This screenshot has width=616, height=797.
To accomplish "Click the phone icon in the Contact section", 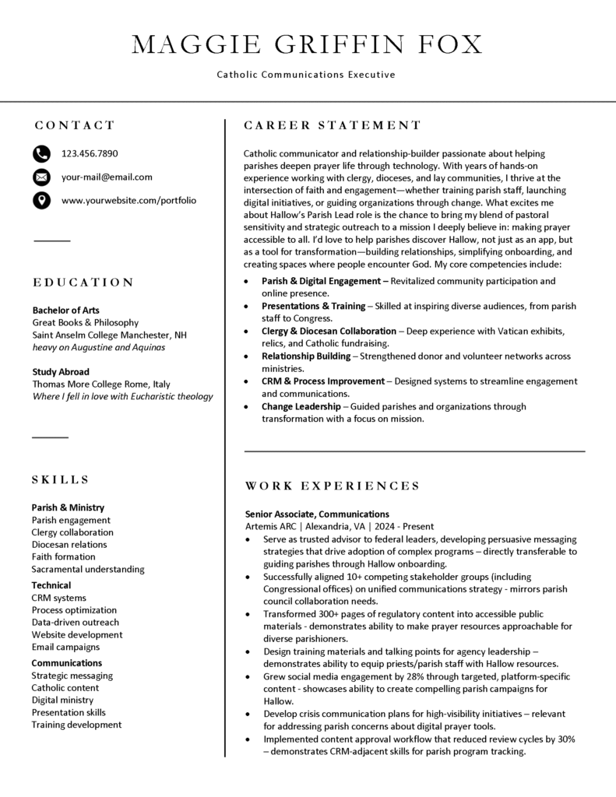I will [41, 153].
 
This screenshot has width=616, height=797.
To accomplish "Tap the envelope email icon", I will [41, 177].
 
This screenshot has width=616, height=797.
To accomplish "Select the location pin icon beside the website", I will [41, 201].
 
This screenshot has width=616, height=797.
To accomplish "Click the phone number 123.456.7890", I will [90, 153].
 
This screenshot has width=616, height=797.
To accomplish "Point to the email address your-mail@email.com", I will [107, 177].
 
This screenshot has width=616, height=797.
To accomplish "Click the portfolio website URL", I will [128, 200].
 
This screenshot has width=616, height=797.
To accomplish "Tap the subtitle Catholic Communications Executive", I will [306, 75].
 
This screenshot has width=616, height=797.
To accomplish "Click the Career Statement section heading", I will [333, 125].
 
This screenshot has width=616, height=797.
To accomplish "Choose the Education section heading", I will [83, 282].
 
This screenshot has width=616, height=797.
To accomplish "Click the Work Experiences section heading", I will [333, 486].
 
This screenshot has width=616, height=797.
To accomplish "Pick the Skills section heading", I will [61, 479].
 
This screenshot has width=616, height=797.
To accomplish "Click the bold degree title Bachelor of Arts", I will [65, 310].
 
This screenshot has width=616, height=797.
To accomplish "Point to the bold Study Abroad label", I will [61, 371].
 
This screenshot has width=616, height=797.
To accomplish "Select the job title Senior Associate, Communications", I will [317, 514].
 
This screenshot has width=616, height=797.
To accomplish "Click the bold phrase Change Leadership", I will [301, 406].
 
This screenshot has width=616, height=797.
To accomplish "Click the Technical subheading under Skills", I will [51, 585].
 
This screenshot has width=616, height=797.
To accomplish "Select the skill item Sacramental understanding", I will [88, 569].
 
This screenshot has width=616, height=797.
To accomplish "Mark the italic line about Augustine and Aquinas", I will [98, 347].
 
